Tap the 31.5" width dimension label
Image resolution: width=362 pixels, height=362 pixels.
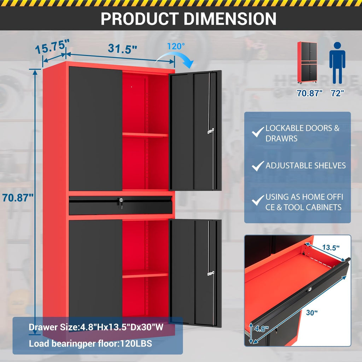pyautogui.click(x=122, y=49)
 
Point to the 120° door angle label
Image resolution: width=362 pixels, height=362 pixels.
pyautogui.click(x=176, y=46)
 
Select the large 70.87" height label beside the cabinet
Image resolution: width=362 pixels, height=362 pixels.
pyautogui.click(x=18, y=198)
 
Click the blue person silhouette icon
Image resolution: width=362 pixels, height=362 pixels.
pyautogui.click(x=337, y=63)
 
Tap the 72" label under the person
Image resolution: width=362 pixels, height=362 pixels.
pyautogui.click(x=337, y=93)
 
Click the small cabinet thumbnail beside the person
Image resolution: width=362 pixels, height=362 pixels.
pyautogui.click(x=307, y=62)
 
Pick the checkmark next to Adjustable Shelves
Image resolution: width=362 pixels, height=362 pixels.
pyautogui.click(x=258, y=166)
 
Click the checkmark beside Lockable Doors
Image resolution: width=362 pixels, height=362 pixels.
pyautogui.click(x=258, y=132)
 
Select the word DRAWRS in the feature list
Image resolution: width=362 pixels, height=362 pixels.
pyautogui.click(x=281, y=139)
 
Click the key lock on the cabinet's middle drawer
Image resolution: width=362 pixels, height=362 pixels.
pyautogui.click(x=121, y=201)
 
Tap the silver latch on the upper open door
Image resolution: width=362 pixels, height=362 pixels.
pyautogui.click(x=211, y=131)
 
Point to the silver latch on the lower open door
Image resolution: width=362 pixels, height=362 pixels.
pyautogui.click(x=211, y=274)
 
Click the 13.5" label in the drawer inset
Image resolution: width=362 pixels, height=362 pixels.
pyautogui.click(x=331, y=248)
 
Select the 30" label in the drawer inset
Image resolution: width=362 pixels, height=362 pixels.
pyautogui.click(x=312, y=313)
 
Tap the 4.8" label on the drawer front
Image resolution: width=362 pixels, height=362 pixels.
pyautogui.click(x=262, y=328)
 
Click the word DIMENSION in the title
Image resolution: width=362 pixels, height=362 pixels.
pyautogui.click(x=230, y=19)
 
